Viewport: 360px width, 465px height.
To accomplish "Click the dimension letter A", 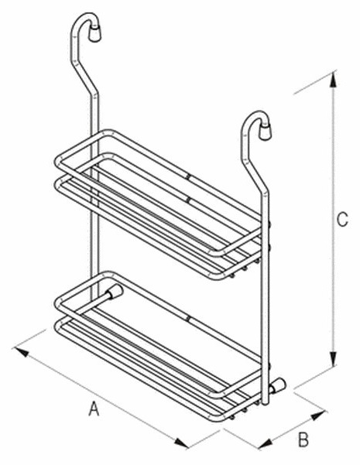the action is pos(94,409).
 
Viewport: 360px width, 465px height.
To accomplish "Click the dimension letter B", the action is pos(303,439).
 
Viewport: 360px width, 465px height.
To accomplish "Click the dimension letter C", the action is pos(342,220).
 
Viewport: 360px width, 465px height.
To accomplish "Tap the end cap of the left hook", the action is pos(95,32).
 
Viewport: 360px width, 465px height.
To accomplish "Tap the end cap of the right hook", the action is pos(265,132).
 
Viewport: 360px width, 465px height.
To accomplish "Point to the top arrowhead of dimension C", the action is pos(334,80).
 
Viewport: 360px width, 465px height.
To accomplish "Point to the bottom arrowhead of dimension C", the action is pos(334,359).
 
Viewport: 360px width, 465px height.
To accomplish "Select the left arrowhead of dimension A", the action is pos(22,352).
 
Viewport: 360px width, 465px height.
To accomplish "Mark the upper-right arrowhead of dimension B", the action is pos(318,415).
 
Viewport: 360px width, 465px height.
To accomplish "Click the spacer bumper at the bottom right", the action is pos(277,386).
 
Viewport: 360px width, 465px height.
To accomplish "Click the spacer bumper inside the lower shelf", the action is pos(115,292).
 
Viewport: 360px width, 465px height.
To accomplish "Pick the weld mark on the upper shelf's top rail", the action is pos(188,177).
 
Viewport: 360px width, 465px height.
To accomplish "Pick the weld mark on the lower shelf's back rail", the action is pos(188,319).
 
